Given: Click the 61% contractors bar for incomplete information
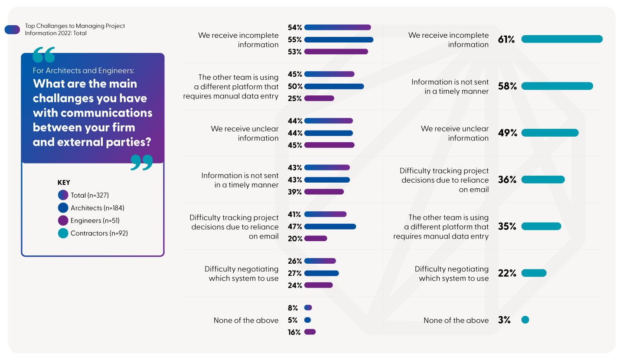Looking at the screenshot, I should coord(562,39).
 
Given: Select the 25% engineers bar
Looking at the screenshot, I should coord(319,98).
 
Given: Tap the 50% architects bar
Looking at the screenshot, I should coord(334,86).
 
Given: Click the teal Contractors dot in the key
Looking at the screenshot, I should coord(63,233).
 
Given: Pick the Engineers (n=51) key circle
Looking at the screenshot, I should coord(63,221).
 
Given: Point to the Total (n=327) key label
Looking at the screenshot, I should coord(90,196).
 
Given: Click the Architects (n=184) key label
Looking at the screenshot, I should coord(98,208).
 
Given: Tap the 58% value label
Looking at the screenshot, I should coord(507,86).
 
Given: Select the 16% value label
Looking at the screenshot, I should coord(294,332).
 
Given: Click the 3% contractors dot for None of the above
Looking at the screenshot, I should coord(525,320).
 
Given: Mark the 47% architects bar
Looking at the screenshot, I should coord(330,226).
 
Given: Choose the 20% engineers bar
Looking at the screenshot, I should coord(316,239).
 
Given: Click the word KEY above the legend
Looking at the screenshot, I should coord(64,183).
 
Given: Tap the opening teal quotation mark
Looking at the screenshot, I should coord(44,55).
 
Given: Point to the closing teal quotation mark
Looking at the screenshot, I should coord(142,162).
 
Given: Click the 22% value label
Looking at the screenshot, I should coord(507,273).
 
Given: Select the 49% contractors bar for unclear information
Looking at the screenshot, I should coord(550,133).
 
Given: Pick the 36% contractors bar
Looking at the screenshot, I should coord(543,180).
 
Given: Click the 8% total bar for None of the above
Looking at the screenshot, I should coord(308,308).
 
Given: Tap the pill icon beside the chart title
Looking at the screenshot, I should coord(12,29).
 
